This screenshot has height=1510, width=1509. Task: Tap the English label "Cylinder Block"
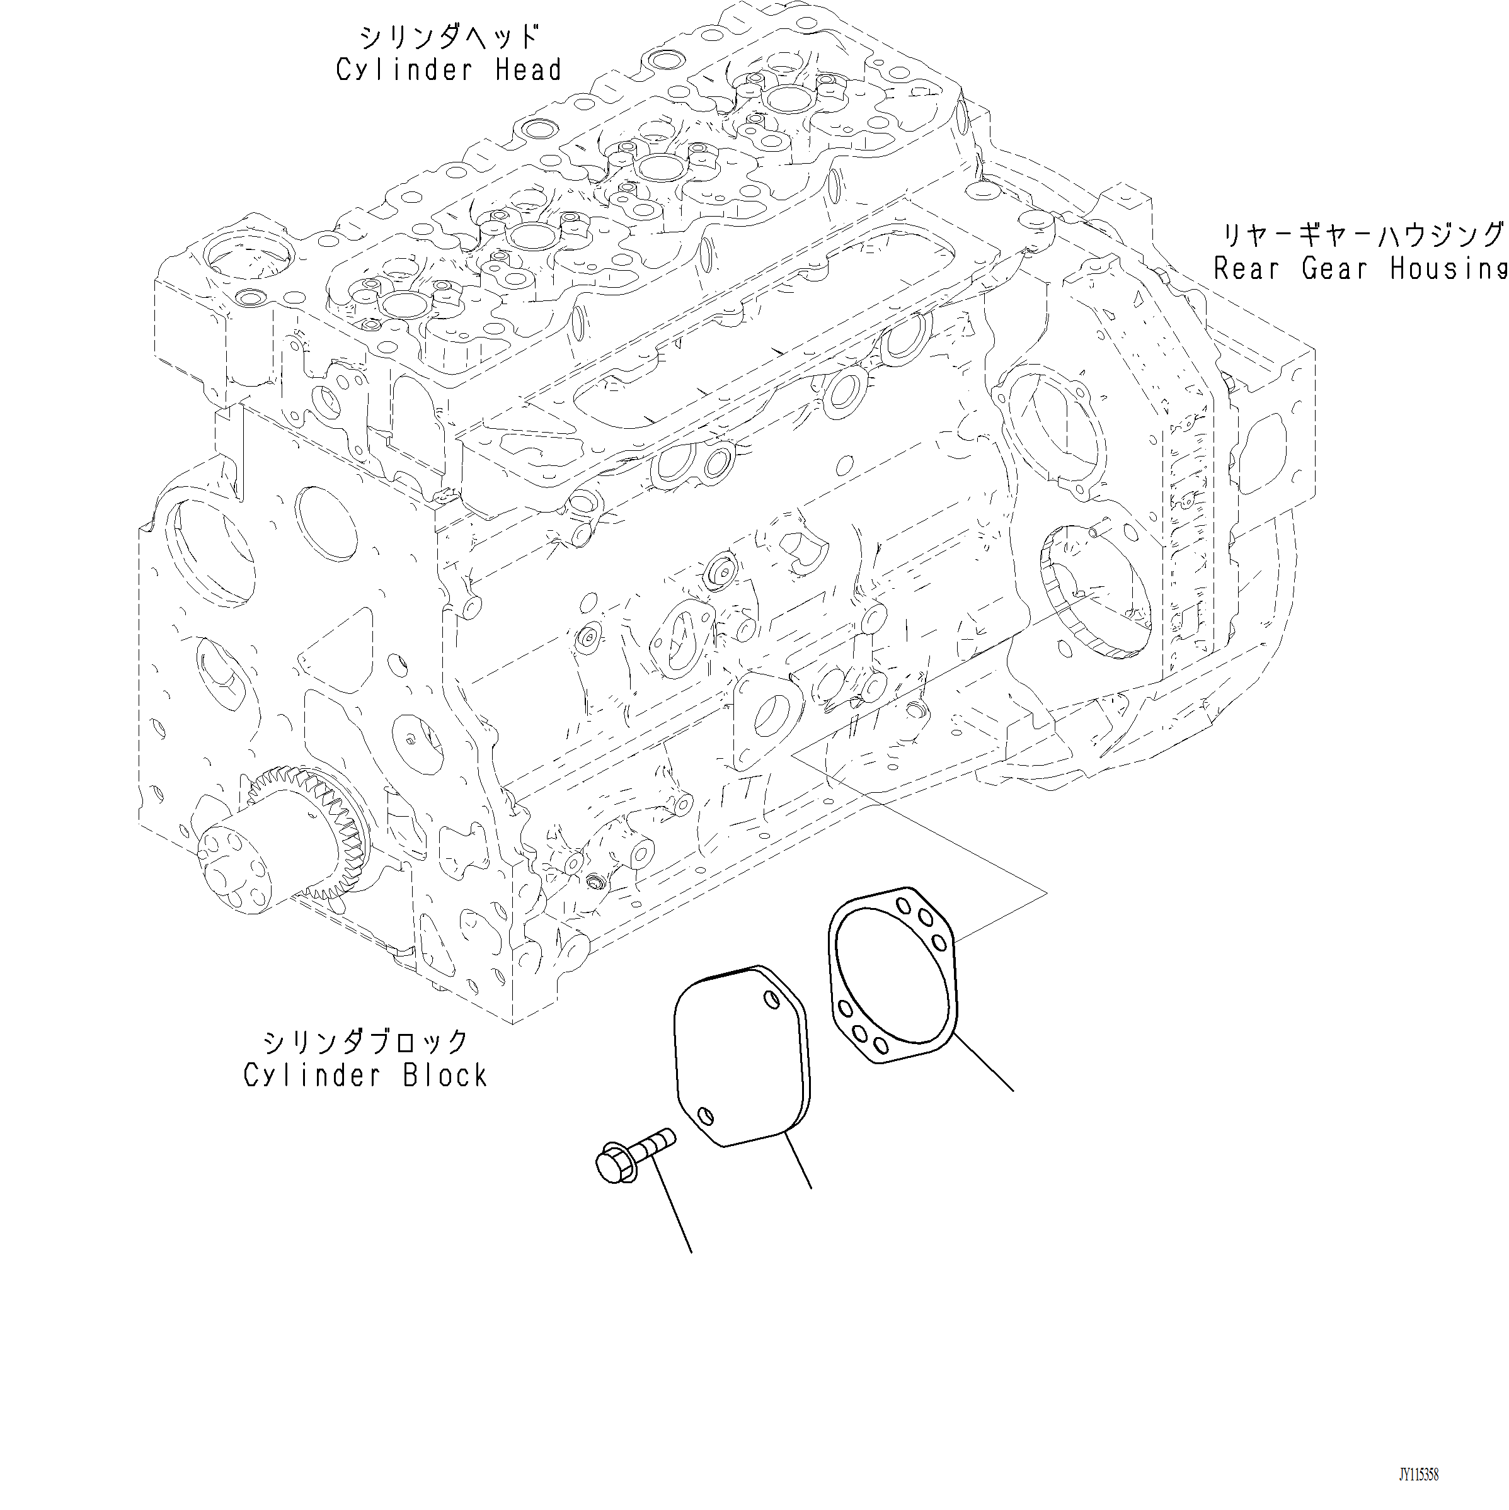pos(365,1076)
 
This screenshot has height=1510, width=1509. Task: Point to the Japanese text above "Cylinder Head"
pos(449,37)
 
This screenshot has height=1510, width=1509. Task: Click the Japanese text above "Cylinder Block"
pos(365,1042)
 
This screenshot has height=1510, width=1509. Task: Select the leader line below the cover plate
pos(798,1164)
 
